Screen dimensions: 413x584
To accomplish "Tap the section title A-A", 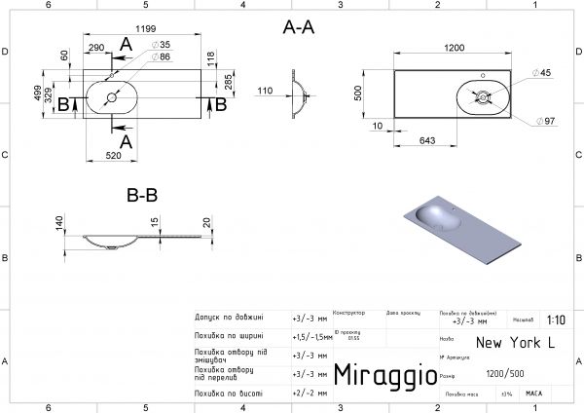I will [299, 28].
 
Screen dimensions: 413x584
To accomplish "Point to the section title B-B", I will [142, 195].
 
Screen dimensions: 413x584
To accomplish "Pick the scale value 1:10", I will [556, 319].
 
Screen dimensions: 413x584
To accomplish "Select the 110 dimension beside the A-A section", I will [263, 91].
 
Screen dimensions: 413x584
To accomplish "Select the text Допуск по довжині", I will [230, 319].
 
